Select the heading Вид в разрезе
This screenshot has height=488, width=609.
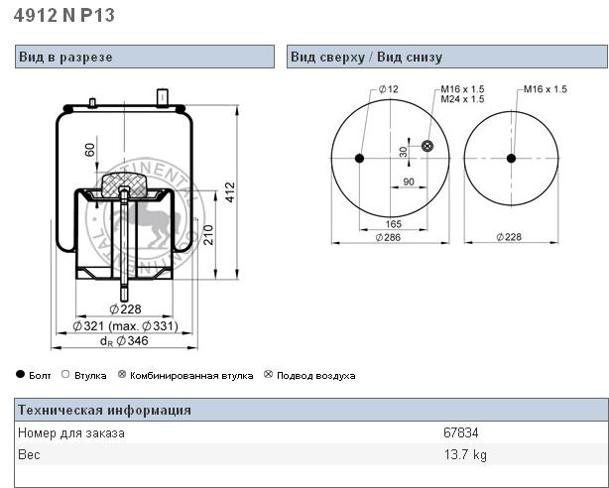[x=65, y=58]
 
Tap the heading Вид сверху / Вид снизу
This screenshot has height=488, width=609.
[x=366, y=58]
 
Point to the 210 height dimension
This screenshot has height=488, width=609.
[x=208, y=236]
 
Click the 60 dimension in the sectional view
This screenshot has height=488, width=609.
[x=90, y=150]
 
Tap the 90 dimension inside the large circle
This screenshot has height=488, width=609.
[x=409, y=181]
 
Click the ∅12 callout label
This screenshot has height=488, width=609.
[x=388, y=89]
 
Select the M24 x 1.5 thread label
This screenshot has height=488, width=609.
[x=462, y=99]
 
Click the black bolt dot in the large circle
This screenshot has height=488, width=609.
[x=360, y=159]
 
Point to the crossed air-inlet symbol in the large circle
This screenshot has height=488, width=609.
[x=427, y=147]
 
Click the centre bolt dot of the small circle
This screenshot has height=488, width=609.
[x=511, y=159]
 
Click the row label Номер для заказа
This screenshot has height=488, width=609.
[x=71, y=433]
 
